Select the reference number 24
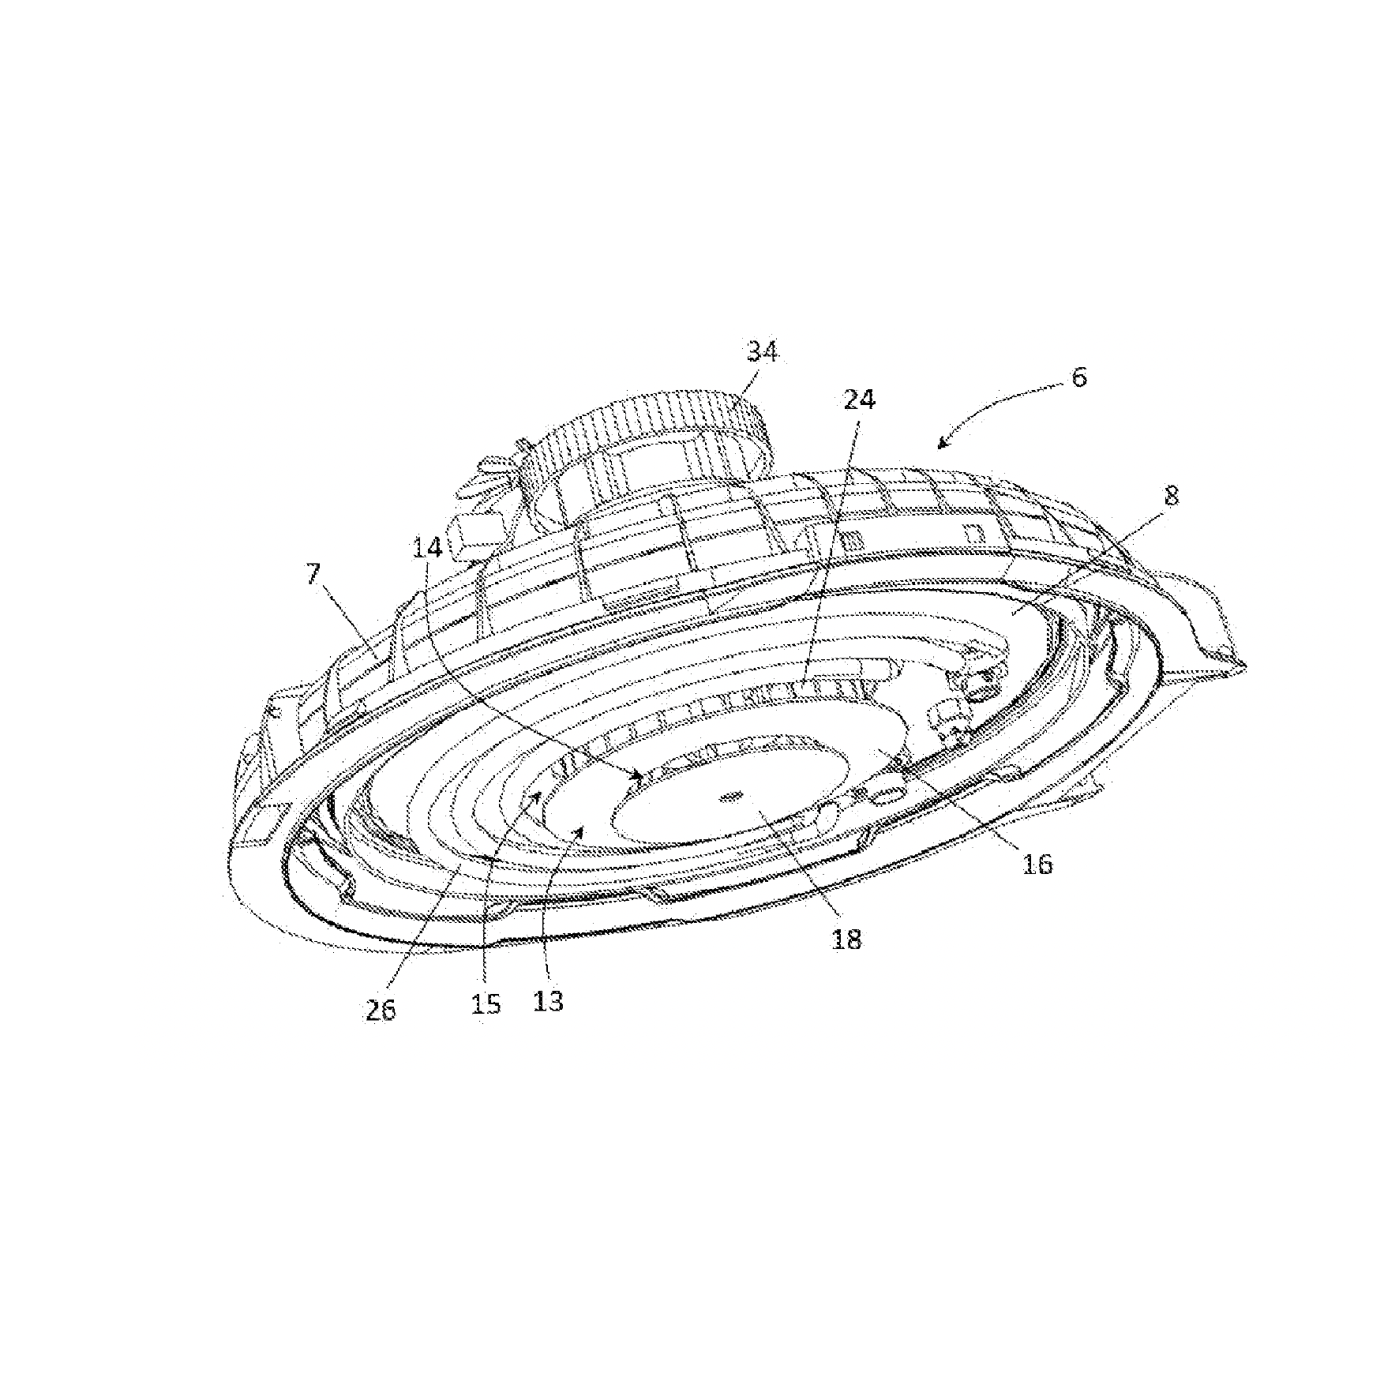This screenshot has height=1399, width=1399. [859, 400]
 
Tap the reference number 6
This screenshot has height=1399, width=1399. [1078, 377]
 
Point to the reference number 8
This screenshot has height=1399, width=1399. [1171, 496]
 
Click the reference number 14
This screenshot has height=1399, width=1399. [427, 547]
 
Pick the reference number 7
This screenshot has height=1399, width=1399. [314, 574]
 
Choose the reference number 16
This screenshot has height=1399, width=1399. [1038, 865]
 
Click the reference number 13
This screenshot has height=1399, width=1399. [549, 1001]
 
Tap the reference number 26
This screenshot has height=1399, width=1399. [381, 1011]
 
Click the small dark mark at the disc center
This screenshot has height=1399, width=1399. [731, 797]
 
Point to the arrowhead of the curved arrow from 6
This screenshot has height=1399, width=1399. [943, 444]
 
